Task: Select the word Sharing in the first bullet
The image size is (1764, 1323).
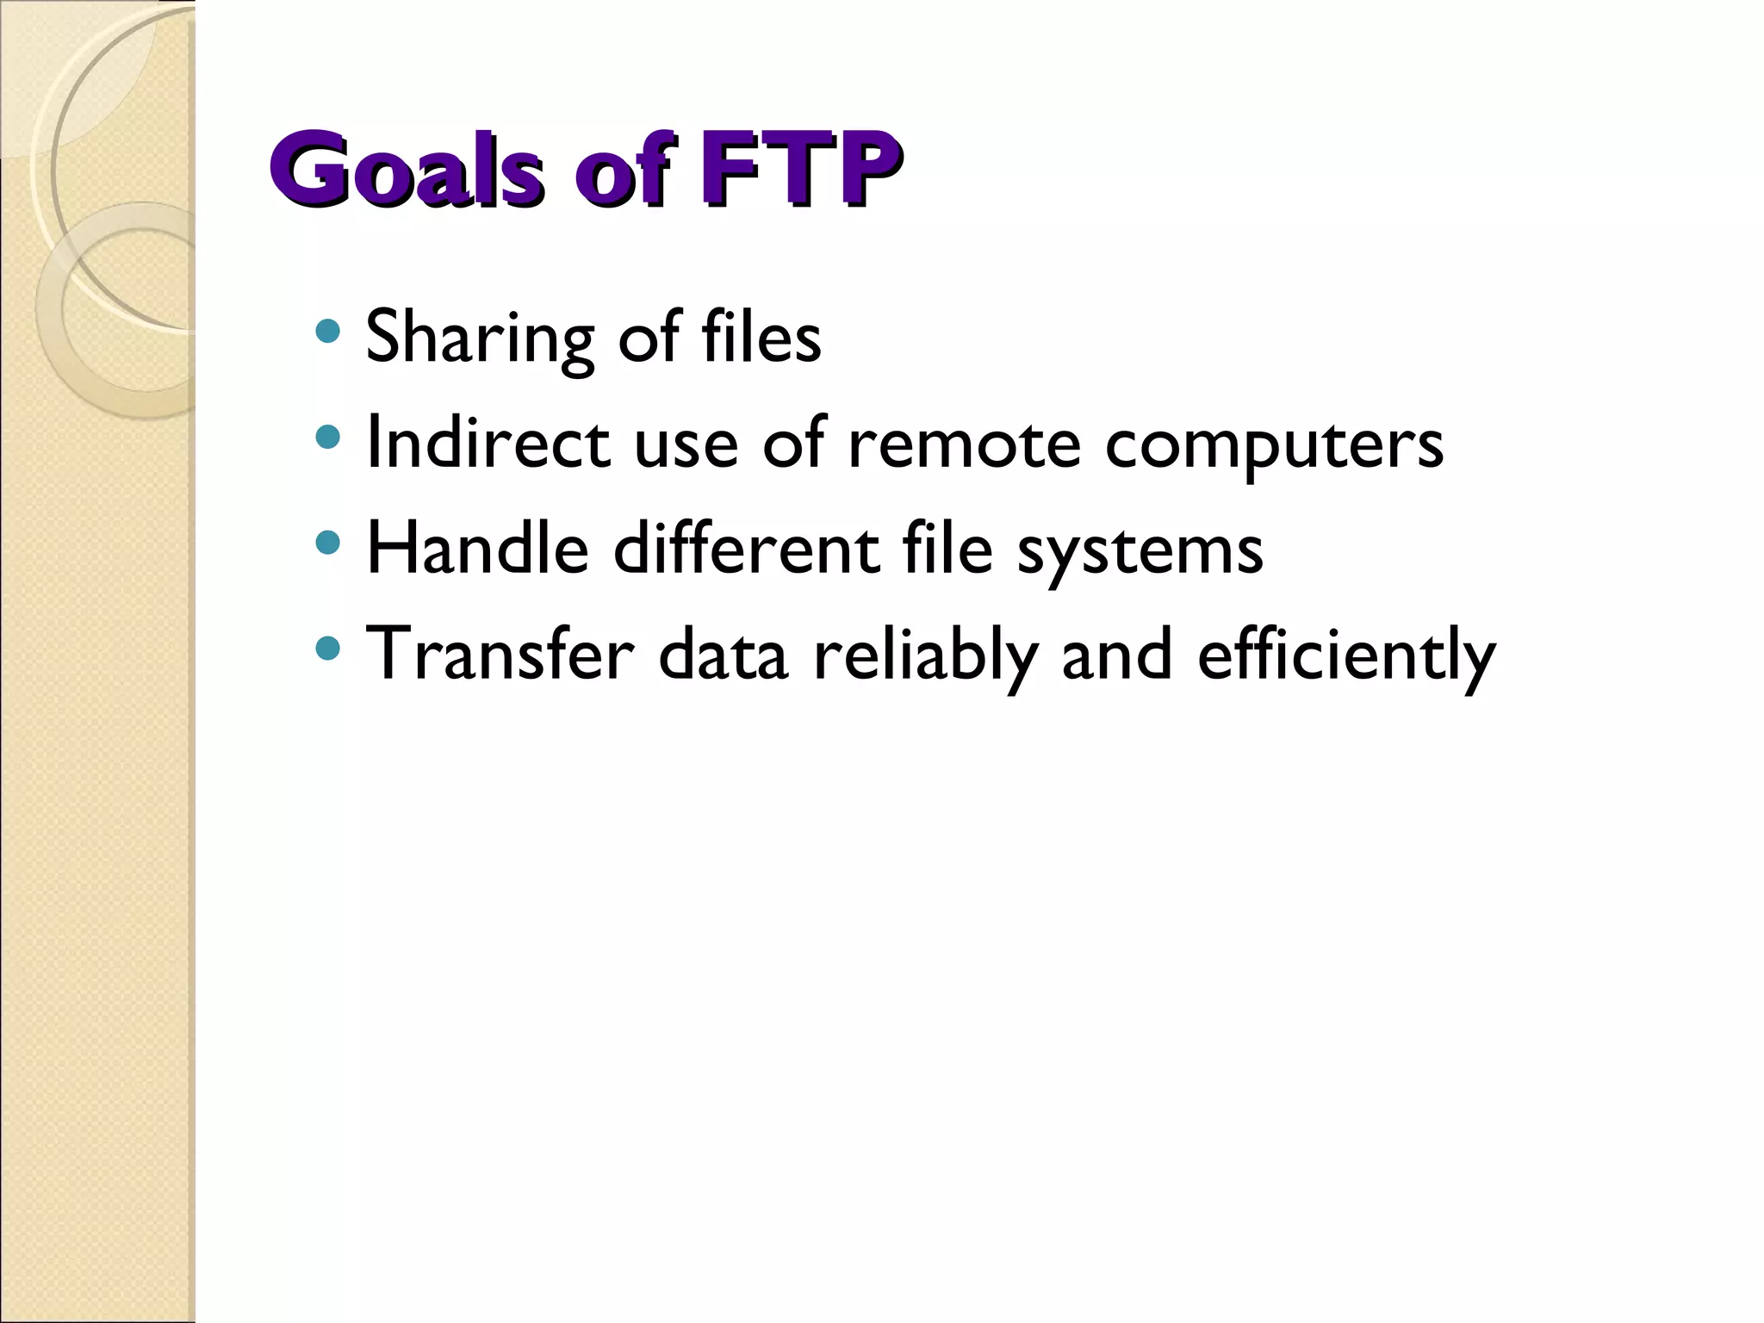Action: click(480, 338)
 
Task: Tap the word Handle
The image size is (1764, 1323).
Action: click(477, 549)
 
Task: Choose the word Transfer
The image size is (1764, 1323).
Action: click(500, 655)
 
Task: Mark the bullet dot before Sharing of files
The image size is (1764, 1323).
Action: click(327, 331)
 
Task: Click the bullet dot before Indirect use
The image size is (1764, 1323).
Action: click(327, 438)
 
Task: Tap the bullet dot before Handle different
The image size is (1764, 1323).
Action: click(327, 543)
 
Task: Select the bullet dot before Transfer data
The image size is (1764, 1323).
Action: click(327, 649)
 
